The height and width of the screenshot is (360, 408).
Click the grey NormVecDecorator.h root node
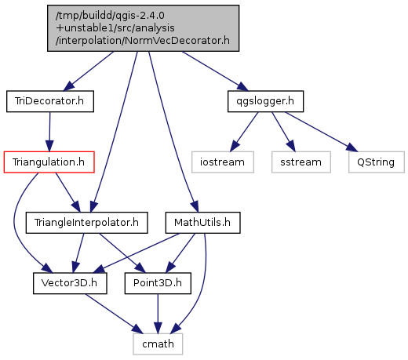[x=143, y=28]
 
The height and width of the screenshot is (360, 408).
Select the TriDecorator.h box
[x=50, y=101]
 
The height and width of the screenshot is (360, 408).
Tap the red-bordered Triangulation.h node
[x=49, y=162]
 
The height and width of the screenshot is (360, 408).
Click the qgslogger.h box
[x=265, y=101]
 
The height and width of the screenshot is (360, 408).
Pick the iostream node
[x=223, y=162]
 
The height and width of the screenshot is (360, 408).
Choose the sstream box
[x=301, y=162]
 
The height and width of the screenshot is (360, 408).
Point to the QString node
[x=377, y=162]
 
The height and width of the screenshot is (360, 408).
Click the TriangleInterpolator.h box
[x=86, y=223]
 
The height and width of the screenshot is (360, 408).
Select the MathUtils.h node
[x=202, y=223]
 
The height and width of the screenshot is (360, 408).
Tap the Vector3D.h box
[x=70, y=283]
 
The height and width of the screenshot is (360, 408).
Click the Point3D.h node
[x=158, y=283]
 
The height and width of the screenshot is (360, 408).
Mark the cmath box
[x=158, y=344]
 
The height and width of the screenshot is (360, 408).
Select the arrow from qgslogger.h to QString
[x=321, y=132]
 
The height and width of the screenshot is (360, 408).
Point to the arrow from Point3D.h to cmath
[x=158, y=314]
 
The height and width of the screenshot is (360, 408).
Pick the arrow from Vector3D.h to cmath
[x=115, y=314]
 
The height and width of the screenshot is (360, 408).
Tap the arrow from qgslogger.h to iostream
[x=244, y=132]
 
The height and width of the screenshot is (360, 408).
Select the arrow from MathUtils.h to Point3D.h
[x=180, y=253]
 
